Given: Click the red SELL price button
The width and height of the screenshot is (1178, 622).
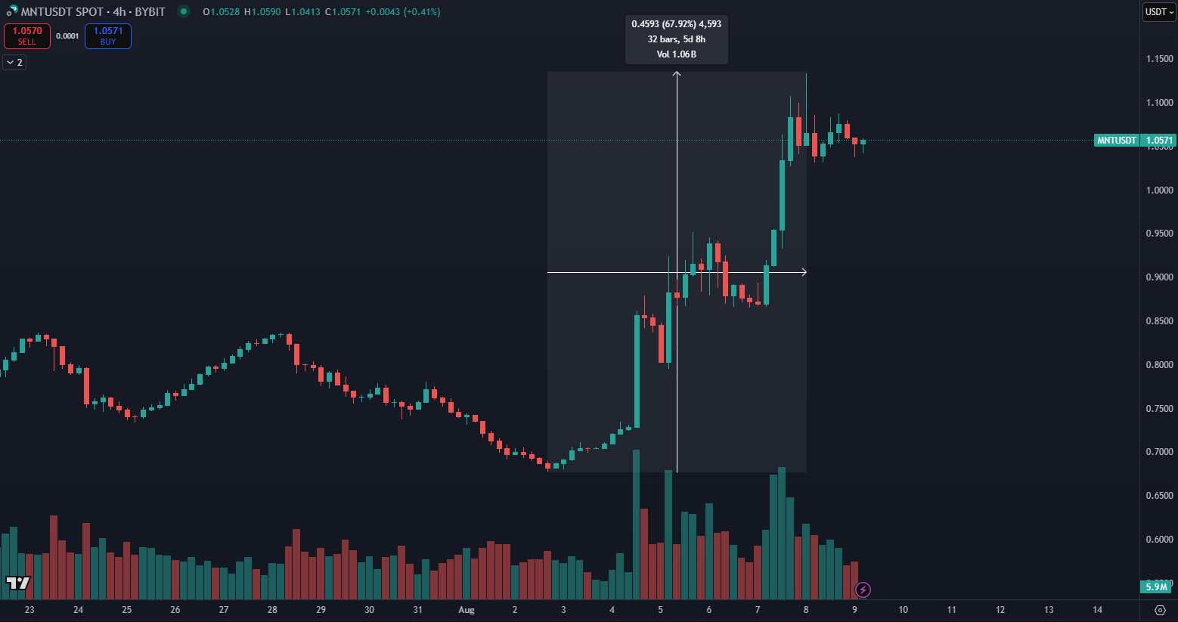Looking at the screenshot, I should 27,36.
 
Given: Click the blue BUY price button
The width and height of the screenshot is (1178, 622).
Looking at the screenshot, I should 108,36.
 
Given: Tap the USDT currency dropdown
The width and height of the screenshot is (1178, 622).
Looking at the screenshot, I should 1158,12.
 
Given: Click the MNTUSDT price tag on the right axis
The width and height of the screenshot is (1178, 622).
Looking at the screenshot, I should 1116,141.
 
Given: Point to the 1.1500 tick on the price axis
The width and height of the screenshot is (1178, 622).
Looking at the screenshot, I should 1159,59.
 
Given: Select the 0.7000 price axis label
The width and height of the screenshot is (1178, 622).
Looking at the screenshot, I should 1159,452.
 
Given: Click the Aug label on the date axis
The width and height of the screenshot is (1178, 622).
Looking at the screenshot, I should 467,610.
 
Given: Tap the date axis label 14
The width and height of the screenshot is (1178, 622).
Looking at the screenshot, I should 1097,610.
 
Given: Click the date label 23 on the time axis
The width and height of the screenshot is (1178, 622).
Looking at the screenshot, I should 29,610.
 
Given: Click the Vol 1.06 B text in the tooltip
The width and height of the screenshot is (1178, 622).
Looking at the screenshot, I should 676,54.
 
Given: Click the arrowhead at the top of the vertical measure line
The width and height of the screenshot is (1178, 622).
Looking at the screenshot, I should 677,74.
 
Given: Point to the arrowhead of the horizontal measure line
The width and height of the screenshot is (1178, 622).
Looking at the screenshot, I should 804,272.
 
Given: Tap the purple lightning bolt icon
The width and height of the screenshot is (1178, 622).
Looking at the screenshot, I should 863,590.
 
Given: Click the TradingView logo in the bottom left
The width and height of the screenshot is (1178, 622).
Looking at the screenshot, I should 18,583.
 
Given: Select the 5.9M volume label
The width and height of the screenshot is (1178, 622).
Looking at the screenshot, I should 1156,587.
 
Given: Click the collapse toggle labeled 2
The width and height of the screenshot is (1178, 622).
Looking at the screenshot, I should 14,62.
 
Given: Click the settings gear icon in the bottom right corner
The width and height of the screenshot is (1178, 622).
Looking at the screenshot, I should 1160,610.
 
